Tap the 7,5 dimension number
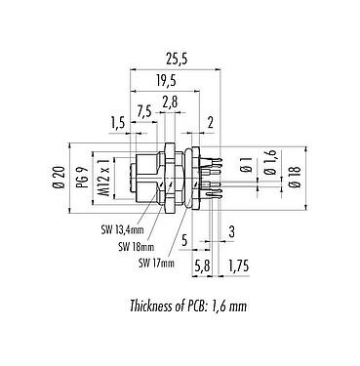coord(143,109)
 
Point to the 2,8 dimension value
coord(169,102)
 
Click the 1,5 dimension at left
coord(118,122)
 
